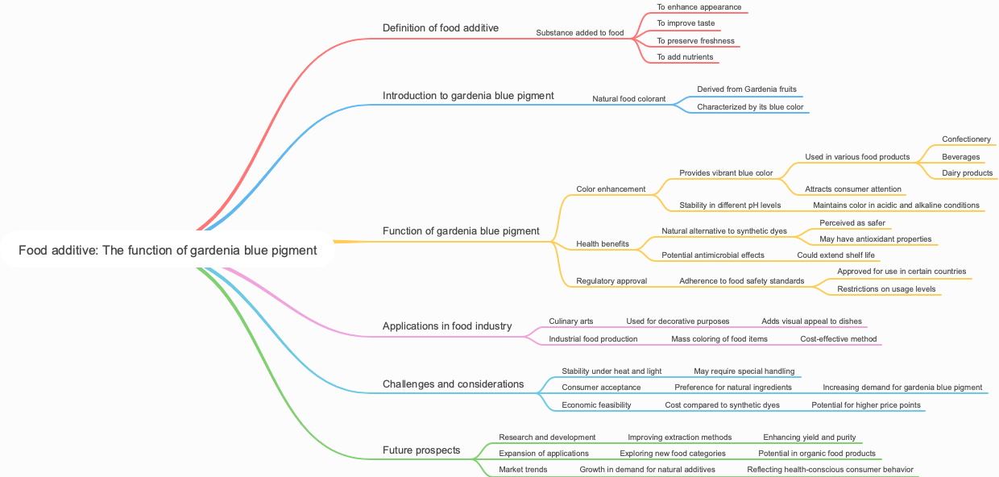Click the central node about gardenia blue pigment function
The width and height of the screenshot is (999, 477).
pos(168,251)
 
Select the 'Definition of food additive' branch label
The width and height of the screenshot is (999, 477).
pos(440,28)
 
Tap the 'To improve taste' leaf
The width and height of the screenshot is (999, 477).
pos(685,24)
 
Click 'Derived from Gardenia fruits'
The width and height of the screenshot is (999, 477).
pos(747,89)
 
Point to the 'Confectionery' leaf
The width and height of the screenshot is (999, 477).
pos(966,139)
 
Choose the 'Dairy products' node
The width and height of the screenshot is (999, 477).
pos(967,173)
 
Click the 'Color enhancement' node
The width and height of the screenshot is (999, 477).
pos(611,189)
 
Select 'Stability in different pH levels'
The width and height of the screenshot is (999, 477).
pos(729,205)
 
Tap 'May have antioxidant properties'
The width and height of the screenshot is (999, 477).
pos(875,239)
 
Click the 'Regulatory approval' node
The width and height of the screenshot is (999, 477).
pos(611,281)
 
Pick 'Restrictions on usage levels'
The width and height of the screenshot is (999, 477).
pos(886,289)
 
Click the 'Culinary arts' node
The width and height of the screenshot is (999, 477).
pos(570,321)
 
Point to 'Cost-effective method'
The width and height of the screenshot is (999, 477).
pos(838,339)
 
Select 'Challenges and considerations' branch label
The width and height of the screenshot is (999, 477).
pos(453,384)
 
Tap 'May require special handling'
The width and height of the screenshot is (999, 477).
pos(744,371)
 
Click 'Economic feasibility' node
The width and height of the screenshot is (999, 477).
pos(596,405)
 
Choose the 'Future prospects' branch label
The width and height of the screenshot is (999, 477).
pos(421,450)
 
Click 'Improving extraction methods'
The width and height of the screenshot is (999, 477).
pos(679,438)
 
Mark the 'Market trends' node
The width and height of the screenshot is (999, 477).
pos(522,470)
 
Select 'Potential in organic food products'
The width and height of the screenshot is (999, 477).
pos(816,454)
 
